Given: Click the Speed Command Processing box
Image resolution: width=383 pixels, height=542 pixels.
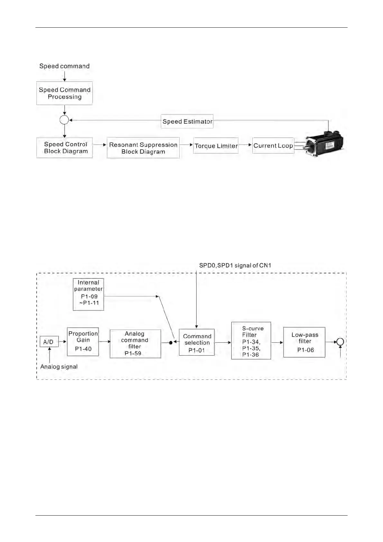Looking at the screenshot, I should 64,93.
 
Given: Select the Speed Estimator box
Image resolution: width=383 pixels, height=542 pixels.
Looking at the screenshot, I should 187,121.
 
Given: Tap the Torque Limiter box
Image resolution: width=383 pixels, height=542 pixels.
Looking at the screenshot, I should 216,146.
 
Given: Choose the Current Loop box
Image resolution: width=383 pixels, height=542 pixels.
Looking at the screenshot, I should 273,145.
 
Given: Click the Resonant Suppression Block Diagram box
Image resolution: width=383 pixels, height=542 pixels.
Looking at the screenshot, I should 143,148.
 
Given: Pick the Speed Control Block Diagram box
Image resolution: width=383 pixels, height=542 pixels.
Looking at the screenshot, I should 65,148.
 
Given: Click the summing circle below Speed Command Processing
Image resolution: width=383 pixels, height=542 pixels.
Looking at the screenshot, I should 64,120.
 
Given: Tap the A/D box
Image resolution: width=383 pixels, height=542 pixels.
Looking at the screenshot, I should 49,342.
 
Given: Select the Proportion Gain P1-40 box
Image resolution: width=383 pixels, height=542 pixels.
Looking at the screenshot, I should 83,341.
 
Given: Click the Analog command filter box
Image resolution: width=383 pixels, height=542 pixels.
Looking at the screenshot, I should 135,343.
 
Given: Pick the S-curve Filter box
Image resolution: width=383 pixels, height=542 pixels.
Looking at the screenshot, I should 251,341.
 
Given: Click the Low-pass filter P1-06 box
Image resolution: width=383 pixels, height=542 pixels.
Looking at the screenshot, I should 304,342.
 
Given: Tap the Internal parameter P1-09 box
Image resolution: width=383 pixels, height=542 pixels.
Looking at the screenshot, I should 89,294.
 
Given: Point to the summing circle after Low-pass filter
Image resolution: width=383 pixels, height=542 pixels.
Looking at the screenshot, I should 340,342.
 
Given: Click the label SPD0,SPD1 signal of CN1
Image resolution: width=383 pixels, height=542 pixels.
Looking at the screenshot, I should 235,266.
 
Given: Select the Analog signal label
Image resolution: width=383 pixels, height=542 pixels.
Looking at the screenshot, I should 59,367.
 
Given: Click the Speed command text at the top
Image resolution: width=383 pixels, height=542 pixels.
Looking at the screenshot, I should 64,66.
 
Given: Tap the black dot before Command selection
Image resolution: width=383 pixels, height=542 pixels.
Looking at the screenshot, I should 171,342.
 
